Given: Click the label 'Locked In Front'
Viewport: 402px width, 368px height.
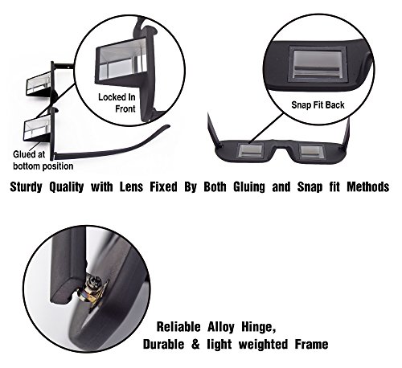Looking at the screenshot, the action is pyautogui.click(x=117, y=103).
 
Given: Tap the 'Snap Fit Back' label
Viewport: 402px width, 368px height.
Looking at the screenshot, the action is pyautogui.click(x=318, y=104).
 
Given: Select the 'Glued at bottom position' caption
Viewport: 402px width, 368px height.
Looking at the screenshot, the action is pyautogui.click(x=43, y=160).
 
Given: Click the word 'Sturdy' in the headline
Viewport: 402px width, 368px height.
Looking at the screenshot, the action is pyautogui.click(x=26, y=186).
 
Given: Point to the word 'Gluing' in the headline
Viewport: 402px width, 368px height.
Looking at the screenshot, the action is pyautogui.click(x=249, y=186).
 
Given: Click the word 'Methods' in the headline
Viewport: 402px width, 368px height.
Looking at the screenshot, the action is pyautogui.click(x=368, y=186).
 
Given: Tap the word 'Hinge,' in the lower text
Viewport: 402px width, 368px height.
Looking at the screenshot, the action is pyautogui.click(x=259, y=327).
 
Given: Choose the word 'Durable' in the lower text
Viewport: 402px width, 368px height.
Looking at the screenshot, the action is pyautogui.click(x=163, y=344).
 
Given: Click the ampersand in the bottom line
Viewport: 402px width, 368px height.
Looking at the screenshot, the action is pyautogui.click(x=195, y=344).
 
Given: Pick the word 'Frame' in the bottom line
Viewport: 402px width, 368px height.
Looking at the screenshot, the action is pyautogui.click(x=312, y=344).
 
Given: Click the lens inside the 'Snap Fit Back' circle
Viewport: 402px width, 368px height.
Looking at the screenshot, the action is pyautogui.click(x=317, y=63).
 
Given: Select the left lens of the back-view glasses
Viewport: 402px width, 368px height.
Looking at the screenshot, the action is pyautogui.click(x=250, y=150).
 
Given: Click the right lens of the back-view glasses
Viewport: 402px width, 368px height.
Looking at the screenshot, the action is pyautogui.click(x=312, y=151).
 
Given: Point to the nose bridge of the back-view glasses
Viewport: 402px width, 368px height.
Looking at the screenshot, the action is pyautogui.click(x=281, y=146).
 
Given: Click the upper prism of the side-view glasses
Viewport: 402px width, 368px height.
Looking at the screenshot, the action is pyautogui.click(x=39, y=83).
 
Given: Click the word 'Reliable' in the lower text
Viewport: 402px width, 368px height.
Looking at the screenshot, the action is pyautogui.click(x=178, y=327).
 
